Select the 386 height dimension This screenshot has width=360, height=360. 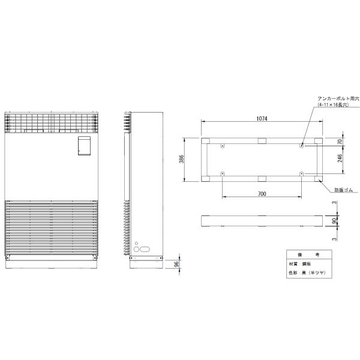pos(182,160)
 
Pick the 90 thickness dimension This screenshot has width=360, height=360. pos(335,220)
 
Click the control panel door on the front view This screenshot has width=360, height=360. pos(84,146)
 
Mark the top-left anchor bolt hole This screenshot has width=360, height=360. pos(223,145)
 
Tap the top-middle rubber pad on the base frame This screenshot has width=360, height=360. pos(261,142)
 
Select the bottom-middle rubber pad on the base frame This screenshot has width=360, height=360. pos(261,178)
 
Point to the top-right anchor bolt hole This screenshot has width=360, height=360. pos(301,145)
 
